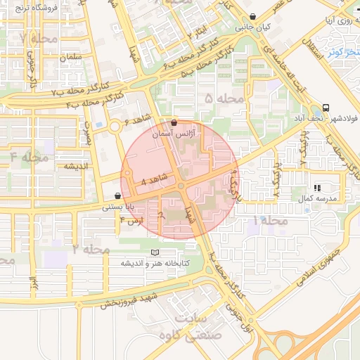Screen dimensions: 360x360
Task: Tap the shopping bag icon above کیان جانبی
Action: (x=252, y=16)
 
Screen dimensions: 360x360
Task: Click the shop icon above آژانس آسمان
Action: (x=174, y=122)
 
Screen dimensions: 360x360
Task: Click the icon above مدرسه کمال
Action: (x=317, y=188)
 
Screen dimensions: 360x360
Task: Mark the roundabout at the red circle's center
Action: (x=181, y=186)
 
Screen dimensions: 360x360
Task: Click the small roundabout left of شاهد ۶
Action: (x=114, y=127)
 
